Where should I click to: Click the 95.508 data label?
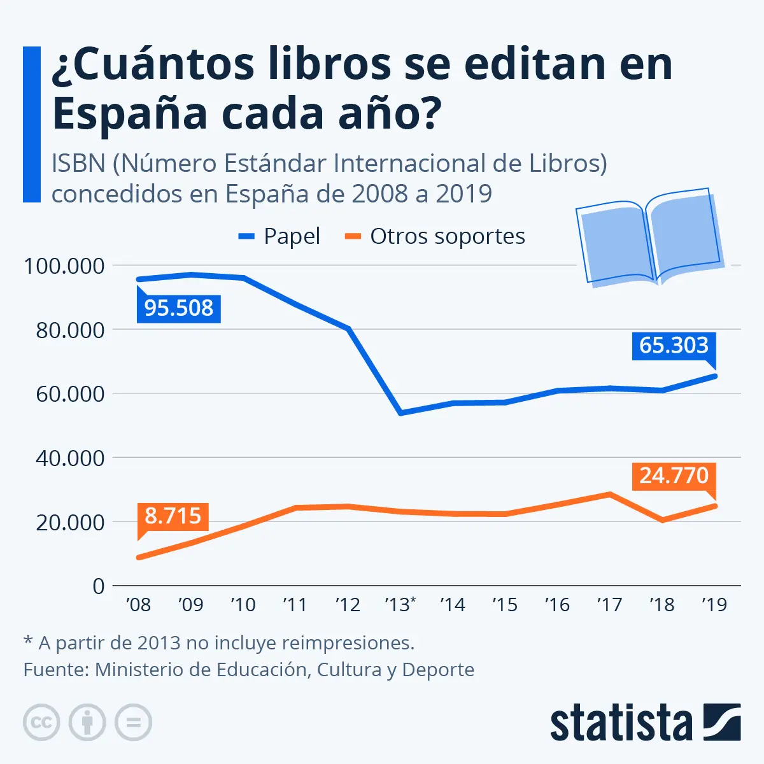179,308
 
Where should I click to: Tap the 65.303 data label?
674,346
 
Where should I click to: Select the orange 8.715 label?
173,515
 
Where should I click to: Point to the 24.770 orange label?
674,476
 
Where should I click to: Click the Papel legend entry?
279,236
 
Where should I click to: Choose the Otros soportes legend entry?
435,236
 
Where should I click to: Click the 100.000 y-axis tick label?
64,266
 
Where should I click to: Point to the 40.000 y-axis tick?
70,458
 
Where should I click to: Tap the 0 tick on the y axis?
98,586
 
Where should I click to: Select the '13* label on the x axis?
400,604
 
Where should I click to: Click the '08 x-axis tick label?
138,604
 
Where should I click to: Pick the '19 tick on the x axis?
714,604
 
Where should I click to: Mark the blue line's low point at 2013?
400,413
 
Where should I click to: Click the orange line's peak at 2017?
609,493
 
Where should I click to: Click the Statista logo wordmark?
621,724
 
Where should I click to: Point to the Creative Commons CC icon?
41,723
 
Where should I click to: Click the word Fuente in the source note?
55,670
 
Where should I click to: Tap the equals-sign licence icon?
133,723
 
